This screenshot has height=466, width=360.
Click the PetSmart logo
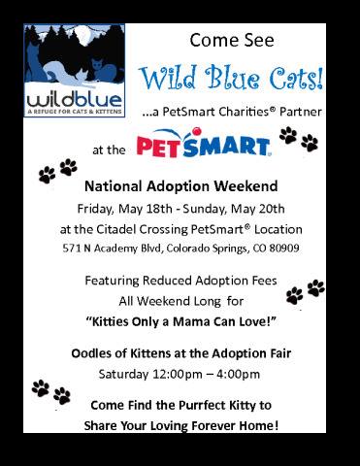pos(204,143)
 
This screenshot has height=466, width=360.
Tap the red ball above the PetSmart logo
pos(196,131)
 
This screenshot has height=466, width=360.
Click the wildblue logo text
pos(75,100)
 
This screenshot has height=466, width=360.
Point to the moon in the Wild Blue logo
pos(87,36)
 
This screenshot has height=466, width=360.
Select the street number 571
pos(71,249)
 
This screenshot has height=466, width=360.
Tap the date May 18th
pos(146,209)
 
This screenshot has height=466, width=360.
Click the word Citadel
pos(116,229)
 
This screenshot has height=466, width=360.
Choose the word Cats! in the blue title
pos(297,78)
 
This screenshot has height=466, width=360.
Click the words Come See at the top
pos(232,40)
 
